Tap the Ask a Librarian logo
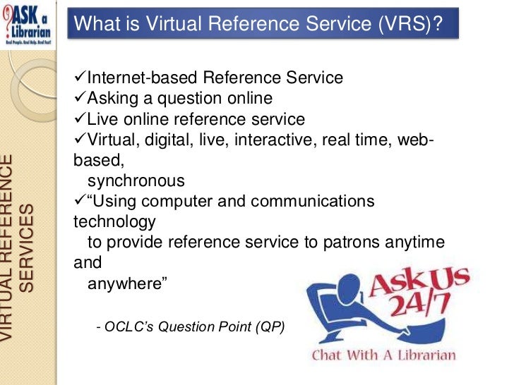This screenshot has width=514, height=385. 30,23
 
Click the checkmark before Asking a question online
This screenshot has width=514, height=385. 79,98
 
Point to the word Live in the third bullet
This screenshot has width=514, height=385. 102,118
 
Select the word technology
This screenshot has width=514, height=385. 114,221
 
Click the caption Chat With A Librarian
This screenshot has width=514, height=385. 384,355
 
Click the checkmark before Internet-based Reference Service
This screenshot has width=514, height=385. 79,78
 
